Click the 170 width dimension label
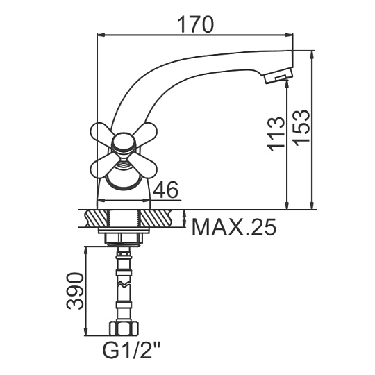click(195, 24)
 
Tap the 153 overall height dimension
click(301, 128)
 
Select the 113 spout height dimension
click(276, 134)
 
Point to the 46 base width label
click(166, 189)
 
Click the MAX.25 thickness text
click(234, 227)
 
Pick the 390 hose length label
click(75, 291)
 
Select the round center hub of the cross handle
click(123, 143)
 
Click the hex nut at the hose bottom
click(124, 328)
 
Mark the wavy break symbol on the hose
click(124, 284)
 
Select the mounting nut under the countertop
click(124, 239)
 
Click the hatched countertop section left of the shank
click(97, 217)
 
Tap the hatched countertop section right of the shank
click(156, 217)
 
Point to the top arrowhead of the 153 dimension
click(312, 56)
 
